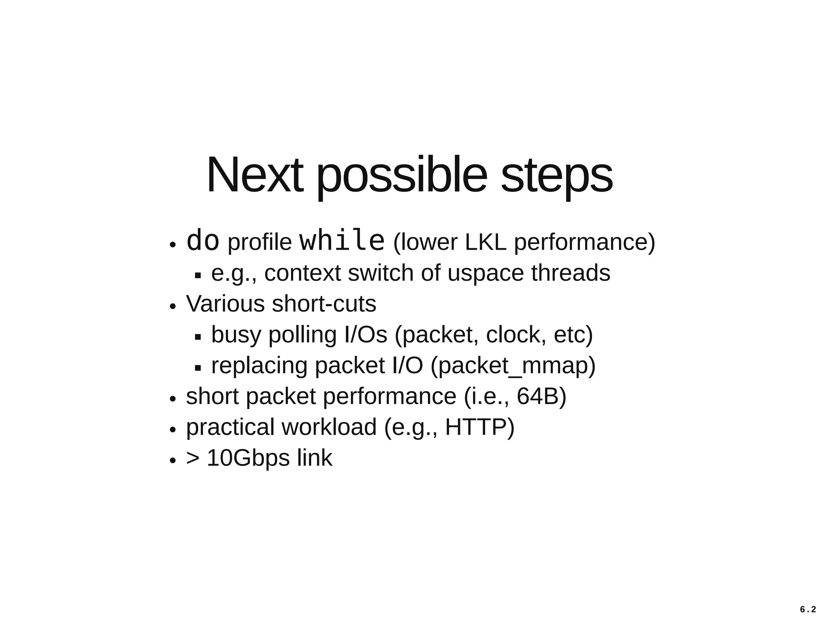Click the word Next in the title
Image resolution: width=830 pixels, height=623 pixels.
[255, 175]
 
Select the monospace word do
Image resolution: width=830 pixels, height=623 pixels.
[203, 241]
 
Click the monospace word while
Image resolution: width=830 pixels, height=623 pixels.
[342, 241]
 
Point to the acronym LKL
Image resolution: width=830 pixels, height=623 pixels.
[486, 242]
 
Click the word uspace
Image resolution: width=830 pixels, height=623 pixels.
[485, 274]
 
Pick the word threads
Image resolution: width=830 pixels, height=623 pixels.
[570, 273]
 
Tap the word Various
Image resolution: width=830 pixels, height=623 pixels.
[225, 304]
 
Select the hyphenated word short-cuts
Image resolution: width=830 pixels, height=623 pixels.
[324, 304]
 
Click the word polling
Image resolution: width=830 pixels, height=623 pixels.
[302, 335]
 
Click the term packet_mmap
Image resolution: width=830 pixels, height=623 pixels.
[513, 366]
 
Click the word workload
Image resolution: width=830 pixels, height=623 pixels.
[329, 427]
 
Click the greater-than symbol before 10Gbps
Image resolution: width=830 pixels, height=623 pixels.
[193, 458]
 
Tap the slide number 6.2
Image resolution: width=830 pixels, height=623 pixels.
[808, 610]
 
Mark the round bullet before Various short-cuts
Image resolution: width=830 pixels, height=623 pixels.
[173, 306]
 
